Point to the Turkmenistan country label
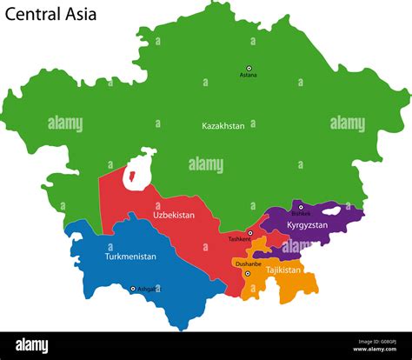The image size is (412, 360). [130, 257]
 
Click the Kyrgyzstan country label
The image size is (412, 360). [307, 225]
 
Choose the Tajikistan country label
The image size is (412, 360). [283, 270]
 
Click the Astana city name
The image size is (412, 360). [249, 76]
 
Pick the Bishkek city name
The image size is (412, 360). [300, 213]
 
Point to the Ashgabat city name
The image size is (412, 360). [149, 289]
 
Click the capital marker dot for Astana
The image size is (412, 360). [249, 68]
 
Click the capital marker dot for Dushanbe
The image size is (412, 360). [247, 273]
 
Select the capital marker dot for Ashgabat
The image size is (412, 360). [133, 289]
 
